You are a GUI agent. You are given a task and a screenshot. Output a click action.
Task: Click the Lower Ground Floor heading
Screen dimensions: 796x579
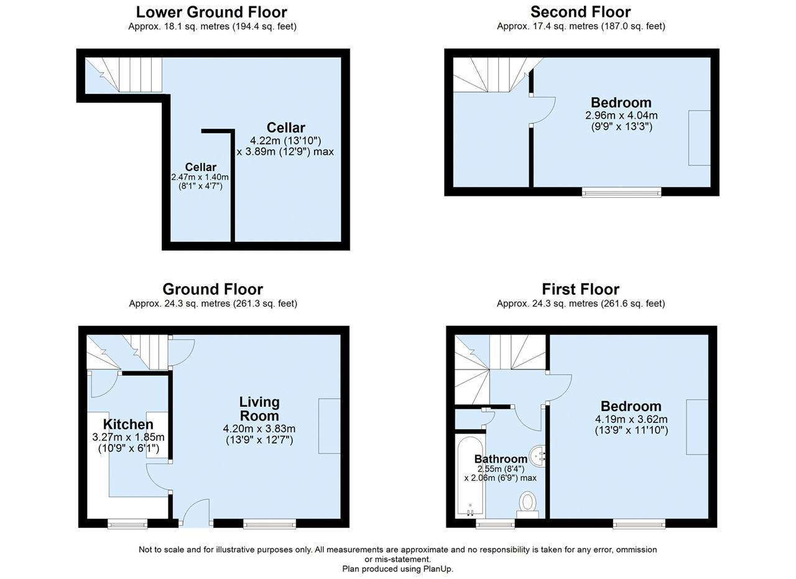211,12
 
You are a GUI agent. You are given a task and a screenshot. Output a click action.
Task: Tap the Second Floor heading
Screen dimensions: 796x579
581,12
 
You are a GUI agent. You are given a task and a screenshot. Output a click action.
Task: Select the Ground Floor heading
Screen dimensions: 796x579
213,289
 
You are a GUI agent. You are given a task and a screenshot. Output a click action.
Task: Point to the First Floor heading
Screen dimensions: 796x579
581,289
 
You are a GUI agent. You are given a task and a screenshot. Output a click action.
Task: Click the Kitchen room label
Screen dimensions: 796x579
128,424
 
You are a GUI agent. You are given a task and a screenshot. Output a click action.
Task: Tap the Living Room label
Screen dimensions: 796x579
259,409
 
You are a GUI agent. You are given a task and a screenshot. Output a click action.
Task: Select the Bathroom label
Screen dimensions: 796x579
501,459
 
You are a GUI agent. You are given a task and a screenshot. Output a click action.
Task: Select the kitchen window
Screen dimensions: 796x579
127,524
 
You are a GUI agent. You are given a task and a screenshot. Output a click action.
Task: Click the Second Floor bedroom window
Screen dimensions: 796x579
621,192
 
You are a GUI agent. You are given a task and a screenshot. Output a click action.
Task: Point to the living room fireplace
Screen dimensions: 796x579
330,426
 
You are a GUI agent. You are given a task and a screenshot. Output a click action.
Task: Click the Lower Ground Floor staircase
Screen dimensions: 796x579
124,75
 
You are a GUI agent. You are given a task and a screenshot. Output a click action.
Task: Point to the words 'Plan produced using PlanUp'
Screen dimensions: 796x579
397,569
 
